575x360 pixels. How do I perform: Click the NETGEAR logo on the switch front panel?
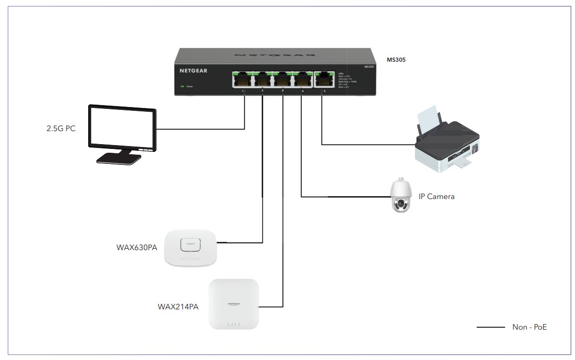click(193, 70)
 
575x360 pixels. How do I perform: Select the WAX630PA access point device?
click(195, 247)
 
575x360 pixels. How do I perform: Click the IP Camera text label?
click(437, 197)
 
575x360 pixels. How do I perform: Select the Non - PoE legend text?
click(529, 327)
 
